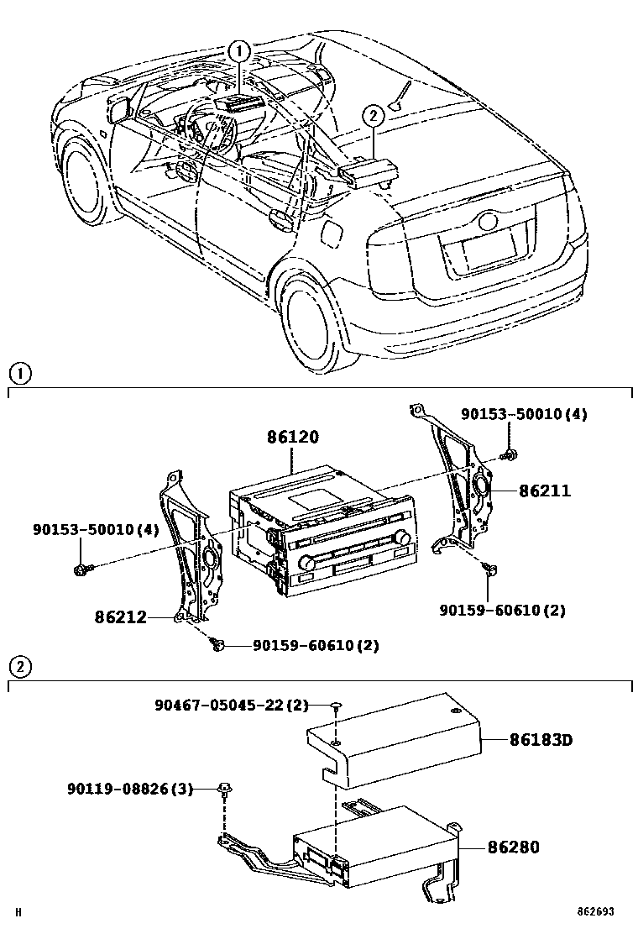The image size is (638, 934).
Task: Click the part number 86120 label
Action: tap(293, 438)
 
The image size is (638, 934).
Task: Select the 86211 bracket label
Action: tap(544, 491)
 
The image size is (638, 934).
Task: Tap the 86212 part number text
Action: tap(120, 617)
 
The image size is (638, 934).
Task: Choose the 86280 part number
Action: tap(514, 847)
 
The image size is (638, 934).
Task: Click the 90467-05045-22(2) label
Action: tap(232, 705)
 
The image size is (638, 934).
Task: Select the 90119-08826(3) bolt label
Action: tap(130, 789)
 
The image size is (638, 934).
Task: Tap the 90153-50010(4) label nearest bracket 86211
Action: tap(525, 415)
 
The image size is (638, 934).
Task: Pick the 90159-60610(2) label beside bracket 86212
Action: tap(316, 646)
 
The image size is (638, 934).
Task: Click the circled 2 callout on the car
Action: tap(373, 117)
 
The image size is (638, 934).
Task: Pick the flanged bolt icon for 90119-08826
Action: tap(224, 788)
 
